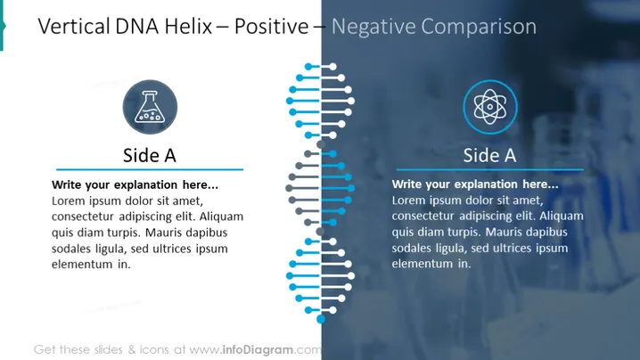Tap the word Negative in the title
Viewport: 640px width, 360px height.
click(373, 27)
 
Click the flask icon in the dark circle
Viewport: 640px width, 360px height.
click(151, 107)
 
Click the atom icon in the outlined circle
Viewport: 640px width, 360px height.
click(489, 107)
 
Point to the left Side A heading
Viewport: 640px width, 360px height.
click(150, 156)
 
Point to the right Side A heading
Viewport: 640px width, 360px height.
click(489, 156)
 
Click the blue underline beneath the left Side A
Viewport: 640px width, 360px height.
click(150, 169)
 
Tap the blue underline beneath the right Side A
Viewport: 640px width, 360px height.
click(489, 169)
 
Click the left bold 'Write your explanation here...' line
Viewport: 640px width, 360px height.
click(135, 184)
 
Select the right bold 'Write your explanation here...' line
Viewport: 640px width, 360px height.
click(475, 184)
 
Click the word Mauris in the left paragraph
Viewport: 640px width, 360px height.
click(164, 233)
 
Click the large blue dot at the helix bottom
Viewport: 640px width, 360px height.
click(321, 319)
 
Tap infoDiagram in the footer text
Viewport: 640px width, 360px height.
click(258, 349)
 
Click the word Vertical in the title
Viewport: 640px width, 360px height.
click(74, 27)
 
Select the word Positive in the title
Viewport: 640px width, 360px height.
click(272, 27)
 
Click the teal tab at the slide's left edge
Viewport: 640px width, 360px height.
click(2, 26)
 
